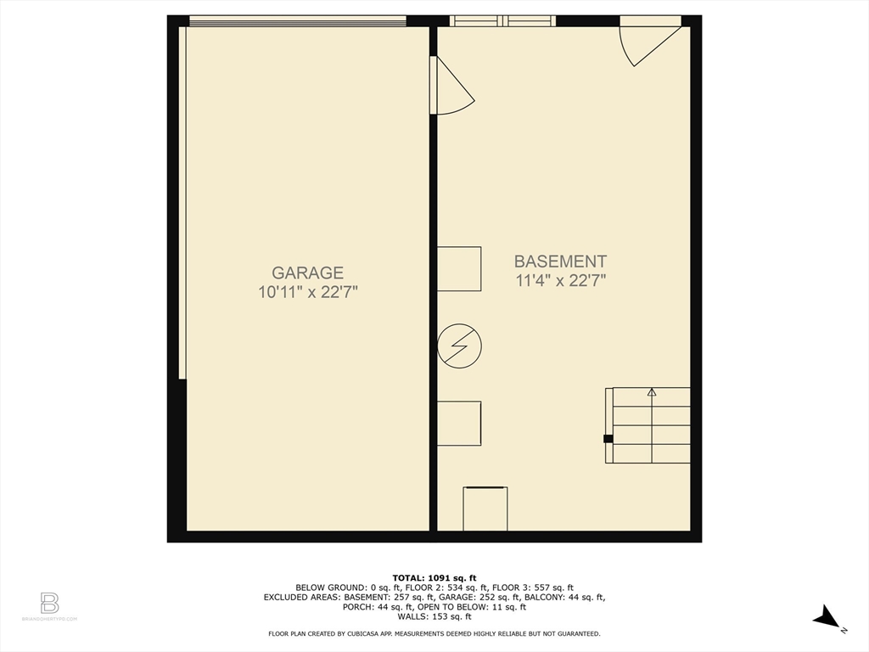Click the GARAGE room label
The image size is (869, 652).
(x=307, y=273)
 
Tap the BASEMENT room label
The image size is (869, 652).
(x=560, y=261)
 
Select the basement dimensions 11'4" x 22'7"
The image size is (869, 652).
(x=560, y=281)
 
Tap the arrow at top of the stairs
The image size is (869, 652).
(x=652, y=392)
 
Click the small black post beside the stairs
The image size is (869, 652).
(x=608, y=439)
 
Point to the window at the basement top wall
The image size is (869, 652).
(x=502, y=21)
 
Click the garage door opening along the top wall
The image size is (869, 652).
(x=297, y=22)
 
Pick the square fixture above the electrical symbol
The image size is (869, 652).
(x=459, y=268)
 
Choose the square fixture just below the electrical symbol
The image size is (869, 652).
(x=459, y=423)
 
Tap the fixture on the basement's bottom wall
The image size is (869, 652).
(x=485, y=509)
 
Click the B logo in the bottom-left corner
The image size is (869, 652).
(x=49, y=603)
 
